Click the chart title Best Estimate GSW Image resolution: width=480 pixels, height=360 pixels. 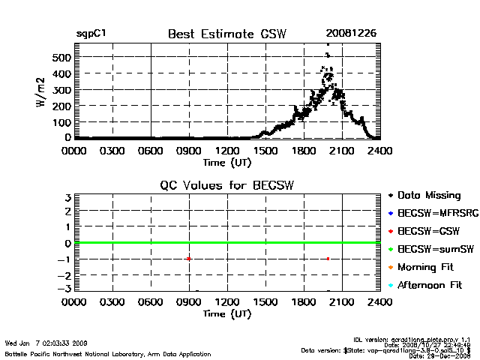tap(227, 34)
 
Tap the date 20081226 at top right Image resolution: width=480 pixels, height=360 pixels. tap(351, 34)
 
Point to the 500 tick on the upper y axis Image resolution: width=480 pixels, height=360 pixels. tap(61, 57)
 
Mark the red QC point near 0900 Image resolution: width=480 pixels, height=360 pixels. tap(189, 259)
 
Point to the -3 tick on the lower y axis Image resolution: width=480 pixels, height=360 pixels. tap(65, 289)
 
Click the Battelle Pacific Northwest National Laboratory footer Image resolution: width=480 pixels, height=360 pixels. tap(108, 353)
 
